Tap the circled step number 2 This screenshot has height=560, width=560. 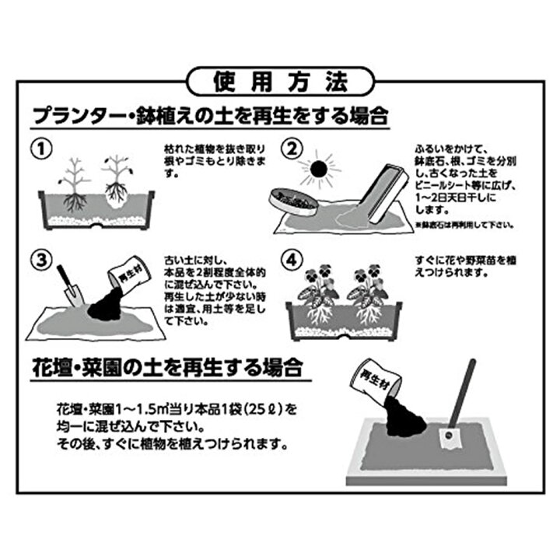[291, 148]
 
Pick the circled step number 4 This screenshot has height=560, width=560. [291, 257]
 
